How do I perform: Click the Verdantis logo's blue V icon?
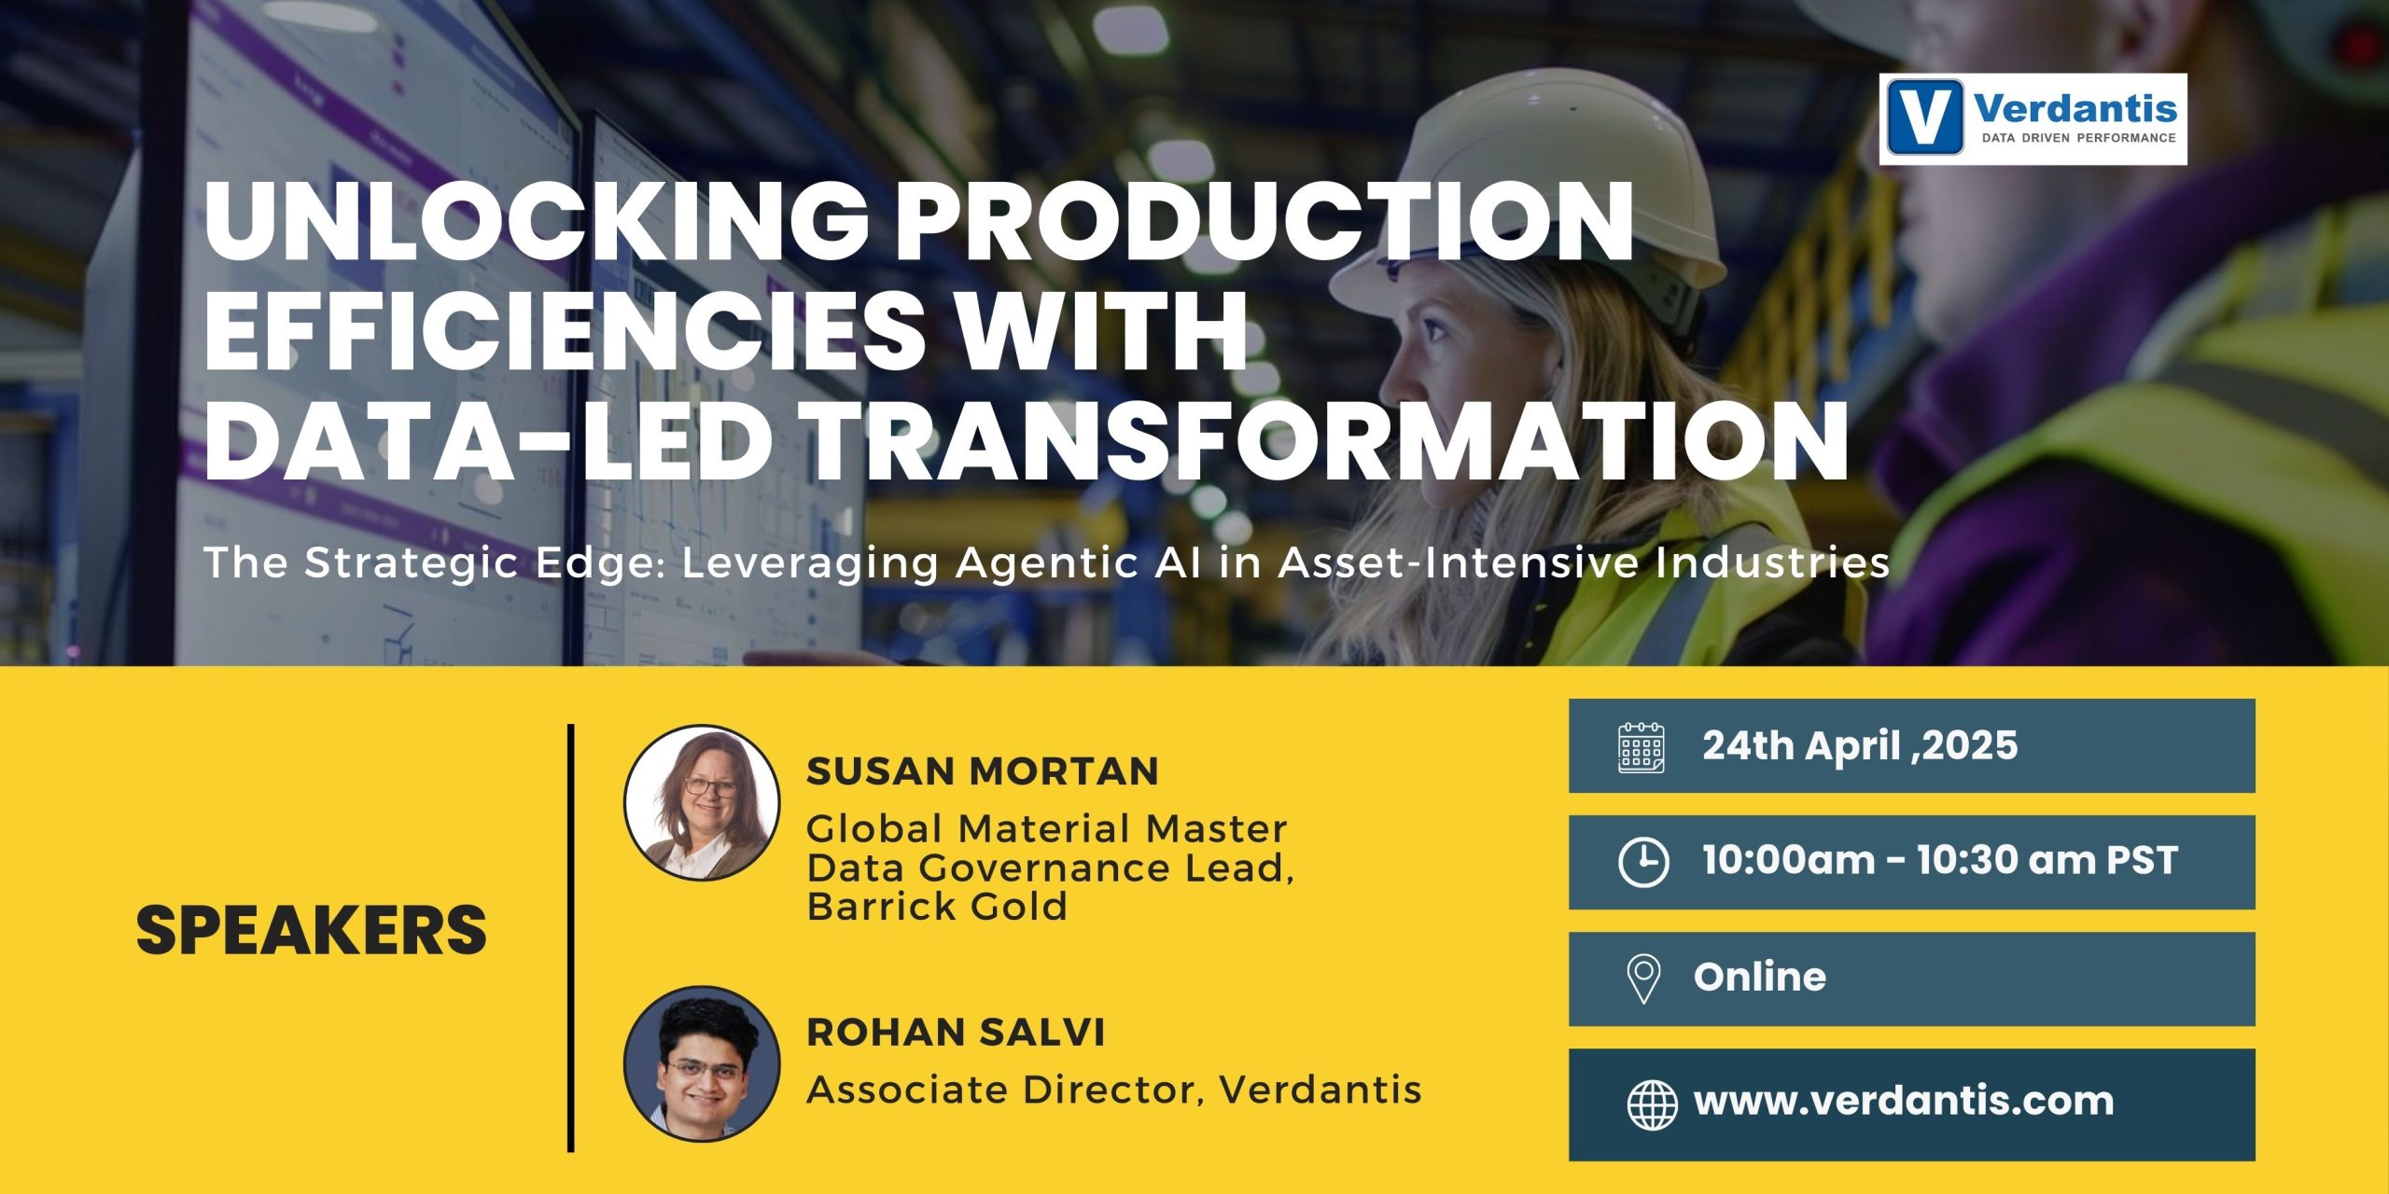(x=1924, y=118)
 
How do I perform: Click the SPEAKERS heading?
(x=311, y=930)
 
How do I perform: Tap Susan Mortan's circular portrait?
(x=701, y=802)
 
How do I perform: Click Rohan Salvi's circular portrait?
(x=701, y=1063)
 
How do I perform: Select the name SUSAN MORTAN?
(x=983, y=771)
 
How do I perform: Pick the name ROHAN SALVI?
(x=956, y=1033)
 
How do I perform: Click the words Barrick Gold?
(x=937, y=907)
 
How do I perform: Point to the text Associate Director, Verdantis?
(x=1113, y=1090)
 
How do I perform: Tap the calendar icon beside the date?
(x=1641, y=747)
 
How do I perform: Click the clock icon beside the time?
(x=1642, y=862)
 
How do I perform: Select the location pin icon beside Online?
(x=1642, y=979)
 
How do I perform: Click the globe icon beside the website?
(x=1652, y=1104)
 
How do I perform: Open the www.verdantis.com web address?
(x=1904, y=1102)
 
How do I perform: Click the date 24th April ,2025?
(x=1859, y=745)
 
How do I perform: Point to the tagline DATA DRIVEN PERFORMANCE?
(x=2078, y=138)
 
